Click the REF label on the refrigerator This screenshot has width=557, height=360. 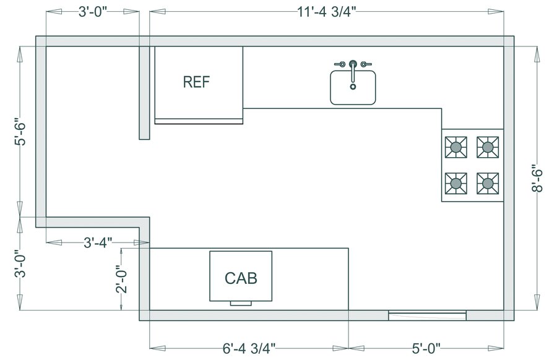197,82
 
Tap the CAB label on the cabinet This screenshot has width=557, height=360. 241,277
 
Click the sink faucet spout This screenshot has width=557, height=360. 353,66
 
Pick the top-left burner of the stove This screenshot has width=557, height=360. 456,147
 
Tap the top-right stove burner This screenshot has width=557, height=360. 488,147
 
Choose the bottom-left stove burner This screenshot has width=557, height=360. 456,183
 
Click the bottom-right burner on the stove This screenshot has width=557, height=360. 488,183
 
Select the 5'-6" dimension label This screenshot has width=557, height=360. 21,132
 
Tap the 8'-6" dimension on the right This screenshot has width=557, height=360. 536,178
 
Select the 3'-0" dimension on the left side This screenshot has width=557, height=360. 21,264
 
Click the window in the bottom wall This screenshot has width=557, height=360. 427,316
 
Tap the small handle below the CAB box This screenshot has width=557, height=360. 241,304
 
